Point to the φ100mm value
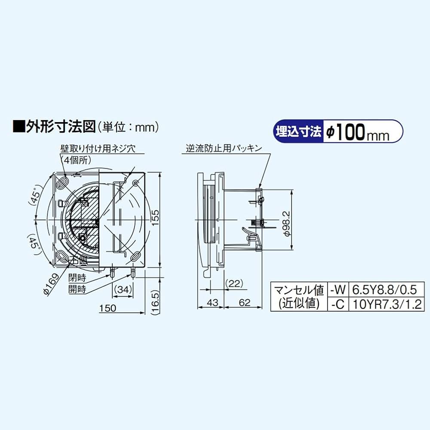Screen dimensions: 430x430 click(x=357, y=132)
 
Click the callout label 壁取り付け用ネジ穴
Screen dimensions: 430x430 click(x=98, y=149)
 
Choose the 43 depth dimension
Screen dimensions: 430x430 click(x=211, y=303)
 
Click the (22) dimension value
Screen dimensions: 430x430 click(x=234, y=283)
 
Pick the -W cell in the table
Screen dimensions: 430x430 click(x=337, y=289)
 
